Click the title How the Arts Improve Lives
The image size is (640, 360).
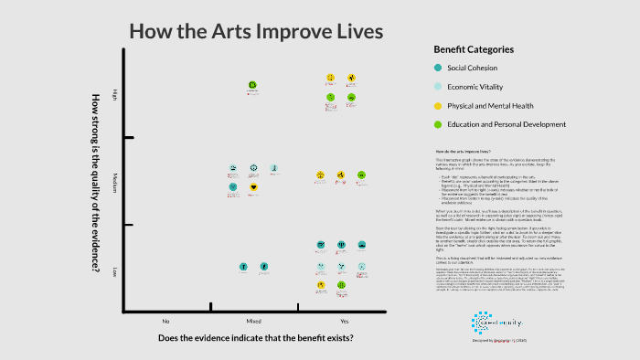click(x=256, y=32)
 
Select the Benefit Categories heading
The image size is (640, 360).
click(x=473, y=49)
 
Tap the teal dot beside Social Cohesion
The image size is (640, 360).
click(x=438, y=69)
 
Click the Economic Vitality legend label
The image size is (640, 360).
click(x=473, y=87)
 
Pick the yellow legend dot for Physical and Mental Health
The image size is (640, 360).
click(x=438, y=105)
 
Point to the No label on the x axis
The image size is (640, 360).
click(x=165, y=322)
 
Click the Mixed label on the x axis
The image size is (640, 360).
click(x=253, y=322)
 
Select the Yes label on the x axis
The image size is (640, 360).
click(x=344, y=322)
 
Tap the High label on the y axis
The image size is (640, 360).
click(x=114, y=95)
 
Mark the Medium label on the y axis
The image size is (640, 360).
click(x=114, y=178)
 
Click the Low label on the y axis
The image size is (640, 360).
click(x=114, y=271)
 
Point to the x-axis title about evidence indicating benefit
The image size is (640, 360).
click(x=255, y=339)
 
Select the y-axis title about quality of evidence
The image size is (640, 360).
click(x=94, y=183)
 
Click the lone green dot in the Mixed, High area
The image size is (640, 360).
click(x=252, y=86)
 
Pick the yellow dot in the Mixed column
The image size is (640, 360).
click(x=253, y=187)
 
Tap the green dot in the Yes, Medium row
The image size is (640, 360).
click(x=361, y=174)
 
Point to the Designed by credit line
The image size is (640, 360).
click(x=497, y=338)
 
